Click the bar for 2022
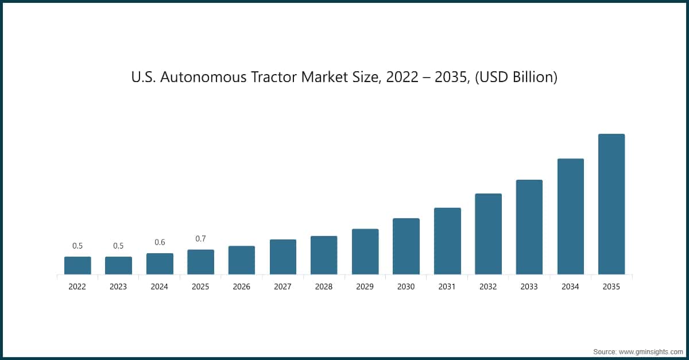click(78, 265)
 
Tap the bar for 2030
click(406, 246)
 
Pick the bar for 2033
click(529, 227)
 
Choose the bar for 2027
click(283, 257)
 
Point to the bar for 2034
click(570, 216)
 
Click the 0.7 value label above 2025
click(200, 239)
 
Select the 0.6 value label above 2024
click(160, 242)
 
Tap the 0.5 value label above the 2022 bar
click(78, 246)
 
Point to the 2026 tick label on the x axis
click(242, 287)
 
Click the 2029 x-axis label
click(365, 287)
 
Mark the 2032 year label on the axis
click(488, 287)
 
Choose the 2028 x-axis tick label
click(324, 287)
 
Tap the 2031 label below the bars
click(447, 287)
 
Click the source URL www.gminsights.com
click(651, 351)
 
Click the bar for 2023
click(118, 265)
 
